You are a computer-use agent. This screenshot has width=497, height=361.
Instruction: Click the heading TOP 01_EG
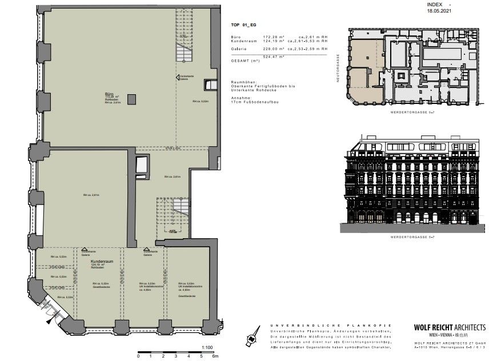pos(243,26)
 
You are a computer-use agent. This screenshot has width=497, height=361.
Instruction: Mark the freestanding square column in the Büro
pos(132,100)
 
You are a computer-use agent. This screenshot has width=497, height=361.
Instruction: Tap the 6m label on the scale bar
pos(215,356)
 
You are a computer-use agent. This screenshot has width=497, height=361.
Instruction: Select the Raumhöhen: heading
pos(244,82)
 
